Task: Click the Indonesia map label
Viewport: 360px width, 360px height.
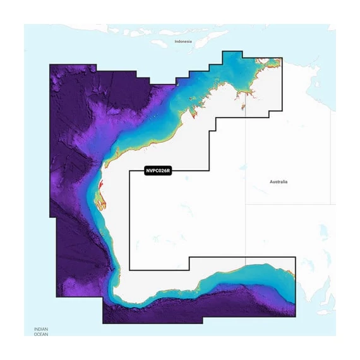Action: (x=183, y=41)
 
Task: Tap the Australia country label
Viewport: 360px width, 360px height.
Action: (x=278, y=182)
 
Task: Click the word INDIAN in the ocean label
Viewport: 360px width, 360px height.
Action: (x=42, y=329)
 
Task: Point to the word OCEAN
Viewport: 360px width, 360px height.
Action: (x=42, y=334)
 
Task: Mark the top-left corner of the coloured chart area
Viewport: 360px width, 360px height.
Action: (x=50, y=64)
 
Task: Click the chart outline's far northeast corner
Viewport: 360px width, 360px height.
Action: (x=282, y=59)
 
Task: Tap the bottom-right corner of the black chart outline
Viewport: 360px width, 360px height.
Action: (x=296, y=316)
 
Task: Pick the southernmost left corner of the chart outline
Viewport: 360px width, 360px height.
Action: (x=103, y=323)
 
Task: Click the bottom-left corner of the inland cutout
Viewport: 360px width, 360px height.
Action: (x=129, y=270)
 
